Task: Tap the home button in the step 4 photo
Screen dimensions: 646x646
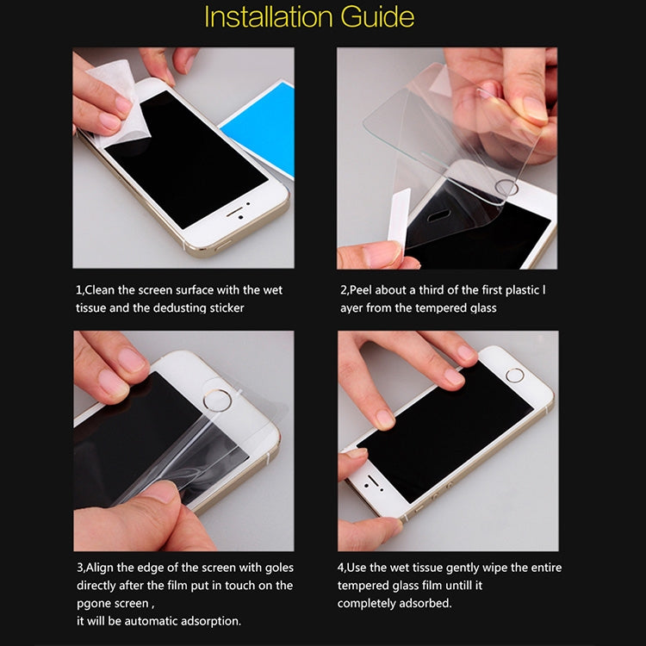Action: point(515,375)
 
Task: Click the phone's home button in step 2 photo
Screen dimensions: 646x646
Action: point(507,187)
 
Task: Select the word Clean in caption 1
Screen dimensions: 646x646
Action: point(102,290)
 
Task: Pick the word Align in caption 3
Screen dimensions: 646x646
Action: point(102,567)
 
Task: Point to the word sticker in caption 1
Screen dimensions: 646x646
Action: point(226,307)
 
